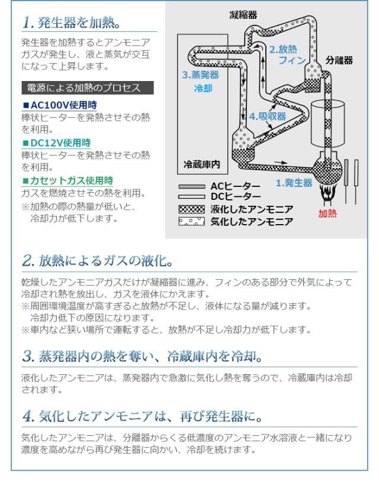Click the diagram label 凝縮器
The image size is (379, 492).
point(243,15)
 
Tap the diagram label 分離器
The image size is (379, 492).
point(339,60)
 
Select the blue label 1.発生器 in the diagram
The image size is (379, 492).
point(294,183)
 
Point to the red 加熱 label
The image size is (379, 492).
point(327,213)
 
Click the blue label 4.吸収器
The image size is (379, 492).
point(268,116)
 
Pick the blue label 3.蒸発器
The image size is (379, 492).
point(201,75)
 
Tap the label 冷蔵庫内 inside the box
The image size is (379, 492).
point(202,164)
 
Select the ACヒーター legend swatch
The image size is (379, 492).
point(192,186)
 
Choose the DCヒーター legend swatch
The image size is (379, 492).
point(192,197)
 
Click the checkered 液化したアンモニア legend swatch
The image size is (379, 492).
point(192,209)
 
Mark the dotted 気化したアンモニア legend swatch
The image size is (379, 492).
point(192,222)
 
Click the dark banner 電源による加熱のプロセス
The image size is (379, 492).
point(88,88)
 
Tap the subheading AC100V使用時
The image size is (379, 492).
point(60,105)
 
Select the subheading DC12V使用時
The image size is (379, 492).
point(57,143)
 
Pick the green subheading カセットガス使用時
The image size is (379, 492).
point(68,181)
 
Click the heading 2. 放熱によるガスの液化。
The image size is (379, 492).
point(98,261)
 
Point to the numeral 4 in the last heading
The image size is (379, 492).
point(28,416)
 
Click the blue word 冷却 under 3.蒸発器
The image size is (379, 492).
point(203,88)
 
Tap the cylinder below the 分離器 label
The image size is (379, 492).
point(327,124)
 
